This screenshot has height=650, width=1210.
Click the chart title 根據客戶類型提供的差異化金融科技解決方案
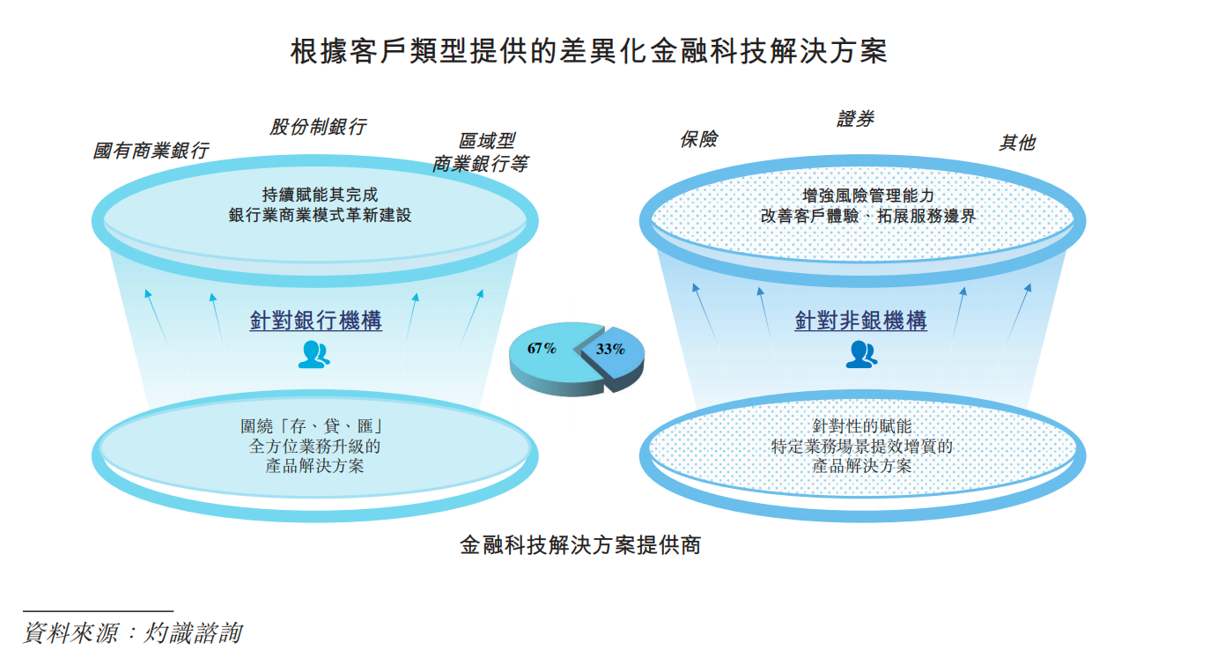pyautogui.click(x=589, y=52)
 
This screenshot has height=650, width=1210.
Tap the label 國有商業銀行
pyautogui.click(x=151, y=151)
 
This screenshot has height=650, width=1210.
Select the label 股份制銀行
pyautogui.click(x=318, y=127)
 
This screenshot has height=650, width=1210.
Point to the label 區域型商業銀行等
pyautogui.click(x=481, y=152)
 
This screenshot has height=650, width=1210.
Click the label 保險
pyautogui.click(x=698, y=139)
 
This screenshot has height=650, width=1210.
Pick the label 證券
pyautogui.click(x=855, y=119)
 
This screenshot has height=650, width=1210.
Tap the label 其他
pyautogui.click(x=1016, y=143)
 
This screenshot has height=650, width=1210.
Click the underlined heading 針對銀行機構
pyautogui.click(x=316, y=321)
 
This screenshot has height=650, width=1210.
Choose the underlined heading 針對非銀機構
pyautogui.click(x=860, y=321)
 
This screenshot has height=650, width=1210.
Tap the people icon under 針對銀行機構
pyautogui.click(x=314, y=354)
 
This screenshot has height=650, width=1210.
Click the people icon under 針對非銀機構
pyautogui.click(x=861, y=354)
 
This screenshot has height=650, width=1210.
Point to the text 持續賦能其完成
pyautogui.click(x=320, y=195)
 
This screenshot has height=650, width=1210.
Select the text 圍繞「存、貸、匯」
pyautogui.click(x=313, y=426)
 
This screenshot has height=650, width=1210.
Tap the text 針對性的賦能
pyautogui.click(x=862, y=426)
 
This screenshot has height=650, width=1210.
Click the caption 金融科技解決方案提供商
pyautogui.click(x=580, y=544)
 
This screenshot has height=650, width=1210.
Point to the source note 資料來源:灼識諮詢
pyautogui.click(x=132, y=632)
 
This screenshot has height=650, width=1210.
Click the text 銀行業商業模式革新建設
pyautogui.click(x=320, y=215)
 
